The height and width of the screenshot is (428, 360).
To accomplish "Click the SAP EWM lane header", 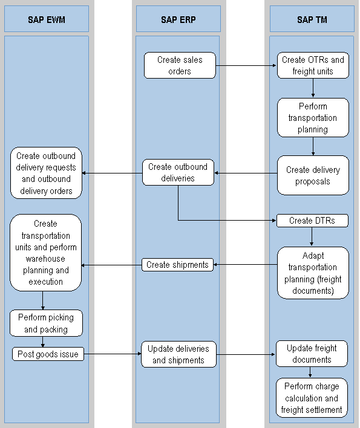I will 47,19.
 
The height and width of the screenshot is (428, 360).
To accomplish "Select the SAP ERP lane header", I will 178,19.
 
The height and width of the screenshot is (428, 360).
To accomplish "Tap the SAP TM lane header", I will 312,19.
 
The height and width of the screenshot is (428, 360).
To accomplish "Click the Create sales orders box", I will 180,65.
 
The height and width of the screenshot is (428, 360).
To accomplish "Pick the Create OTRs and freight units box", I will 313,65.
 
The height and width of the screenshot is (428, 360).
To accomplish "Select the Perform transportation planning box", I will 313,118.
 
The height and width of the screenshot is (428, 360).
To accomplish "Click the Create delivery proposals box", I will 313,175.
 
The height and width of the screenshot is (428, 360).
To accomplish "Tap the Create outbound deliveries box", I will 178,172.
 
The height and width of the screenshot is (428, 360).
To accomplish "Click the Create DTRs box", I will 313,221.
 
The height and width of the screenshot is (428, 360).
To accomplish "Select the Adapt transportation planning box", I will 313,273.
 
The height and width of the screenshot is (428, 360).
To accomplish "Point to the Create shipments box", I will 178,265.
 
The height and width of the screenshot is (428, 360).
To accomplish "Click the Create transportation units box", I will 46,253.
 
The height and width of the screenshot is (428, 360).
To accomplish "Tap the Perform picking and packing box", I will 46,323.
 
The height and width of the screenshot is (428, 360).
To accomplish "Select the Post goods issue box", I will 48,354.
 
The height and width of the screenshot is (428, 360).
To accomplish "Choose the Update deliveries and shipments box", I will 178,354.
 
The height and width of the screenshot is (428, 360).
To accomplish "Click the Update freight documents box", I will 313,354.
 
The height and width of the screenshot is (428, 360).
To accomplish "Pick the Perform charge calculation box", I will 313,398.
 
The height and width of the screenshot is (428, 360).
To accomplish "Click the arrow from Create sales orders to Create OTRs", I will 246,66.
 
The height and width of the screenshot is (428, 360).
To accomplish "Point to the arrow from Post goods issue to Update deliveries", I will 112,354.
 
